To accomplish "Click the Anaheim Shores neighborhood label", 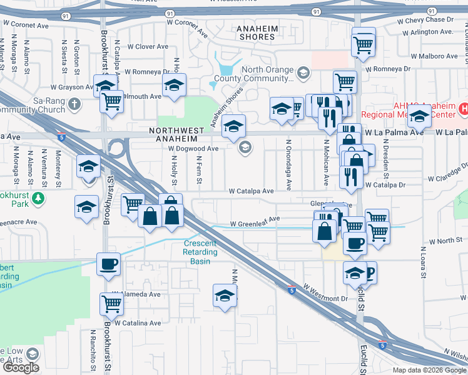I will point(256,32).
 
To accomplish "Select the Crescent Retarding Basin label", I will point(200,248).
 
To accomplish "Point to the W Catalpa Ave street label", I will point(251,191).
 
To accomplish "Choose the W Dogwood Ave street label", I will point(193,149).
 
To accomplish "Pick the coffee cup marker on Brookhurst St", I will point(109,264).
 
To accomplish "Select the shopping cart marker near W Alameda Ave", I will point(111,305).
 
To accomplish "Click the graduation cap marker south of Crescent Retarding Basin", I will point(225,296).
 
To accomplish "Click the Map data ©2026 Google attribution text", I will point(429,370).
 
